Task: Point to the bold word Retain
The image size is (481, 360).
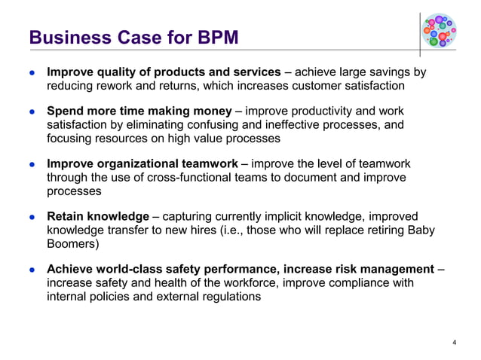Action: pyautogui.click(x=65, y=217)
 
